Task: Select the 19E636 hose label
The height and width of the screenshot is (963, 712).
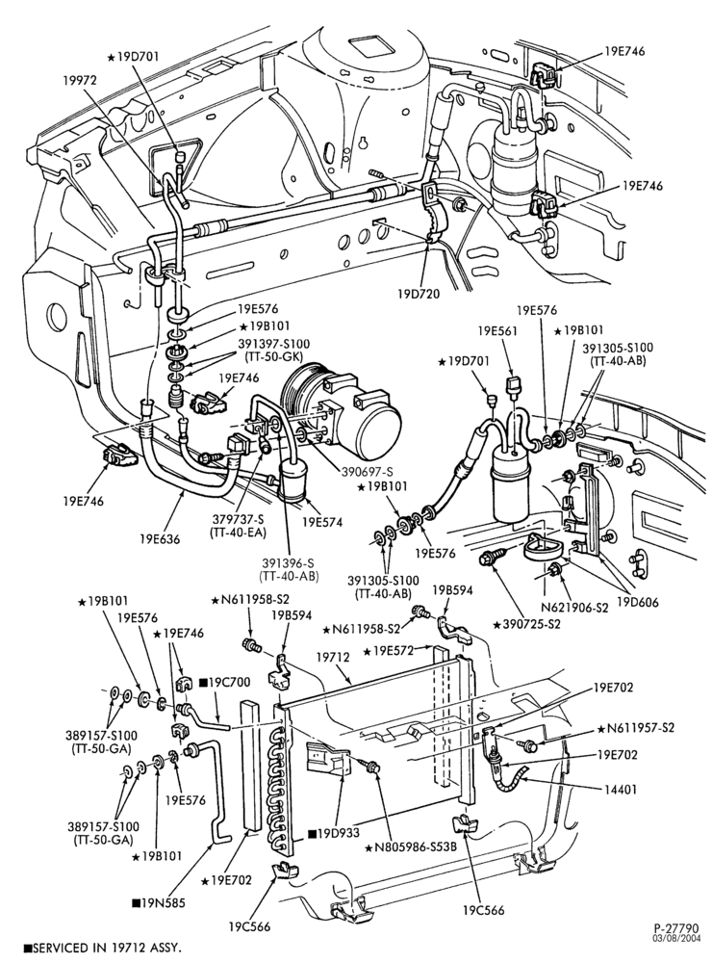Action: coord(160,539)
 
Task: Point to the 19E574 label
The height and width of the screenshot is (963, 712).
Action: coord(321,523)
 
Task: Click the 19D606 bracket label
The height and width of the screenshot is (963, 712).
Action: coord(637,603)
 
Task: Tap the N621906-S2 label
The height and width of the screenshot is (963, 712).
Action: coord(573,608)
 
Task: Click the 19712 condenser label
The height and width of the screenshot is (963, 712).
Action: coord(334,657)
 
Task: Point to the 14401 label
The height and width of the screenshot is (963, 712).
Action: coord(622,790)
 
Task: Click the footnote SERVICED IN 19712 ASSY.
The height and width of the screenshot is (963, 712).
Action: coord(103,948)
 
